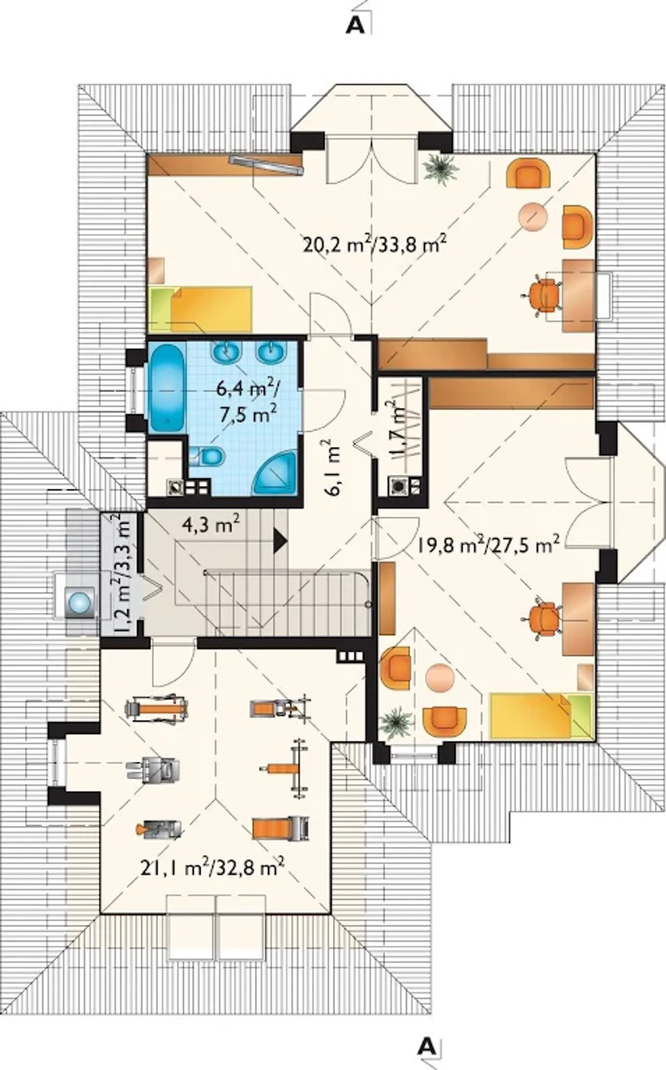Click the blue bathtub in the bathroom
click(x=167, y=387)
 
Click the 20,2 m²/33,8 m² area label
click(x=374, y=243)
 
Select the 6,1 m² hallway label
click(x=334, y=468)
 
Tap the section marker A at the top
click(x=355, y=26)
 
